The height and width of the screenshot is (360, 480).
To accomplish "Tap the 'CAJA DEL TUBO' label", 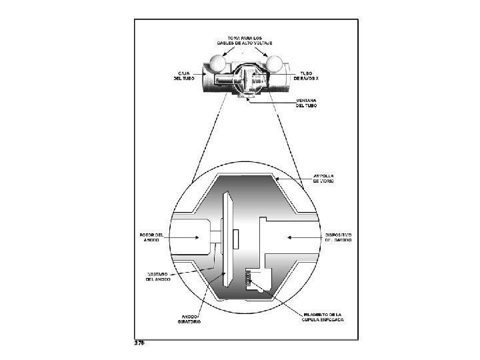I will coord(185,75).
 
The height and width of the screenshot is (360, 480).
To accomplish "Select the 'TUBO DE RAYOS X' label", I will coord(307,75).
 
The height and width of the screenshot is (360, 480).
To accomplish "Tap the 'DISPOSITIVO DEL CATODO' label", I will coord(338,237).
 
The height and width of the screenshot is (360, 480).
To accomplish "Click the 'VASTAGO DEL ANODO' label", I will coord(158,276).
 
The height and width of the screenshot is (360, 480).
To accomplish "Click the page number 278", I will coord(139,343).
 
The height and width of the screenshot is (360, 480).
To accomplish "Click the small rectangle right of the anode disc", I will coord(235,237).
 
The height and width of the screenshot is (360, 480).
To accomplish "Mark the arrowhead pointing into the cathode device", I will coord(288,237).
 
